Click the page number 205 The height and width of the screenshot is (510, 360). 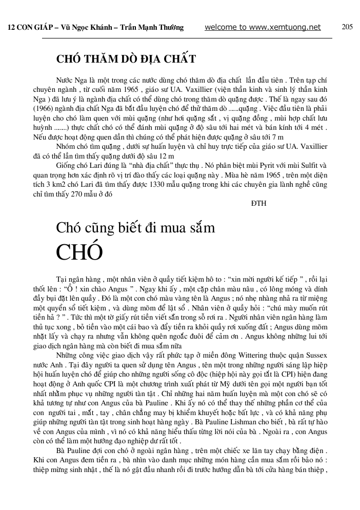(x=347, y=27)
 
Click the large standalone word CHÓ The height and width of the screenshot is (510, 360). (x=79, y=252)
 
